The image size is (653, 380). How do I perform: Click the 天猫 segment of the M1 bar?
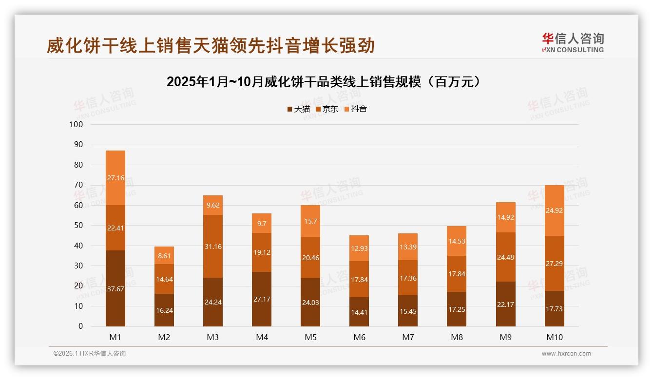(x=115, y=288)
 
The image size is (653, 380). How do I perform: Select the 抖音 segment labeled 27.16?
(x=115, y=178)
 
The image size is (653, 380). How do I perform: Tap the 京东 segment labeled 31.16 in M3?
(x=213, y=247)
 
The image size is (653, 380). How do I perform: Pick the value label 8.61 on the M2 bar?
(x=164, y=255)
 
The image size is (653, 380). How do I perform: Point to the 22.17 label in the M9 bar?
(x=506, y=304)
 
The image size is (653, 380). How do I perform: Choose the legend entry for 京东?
(x=327, y=109)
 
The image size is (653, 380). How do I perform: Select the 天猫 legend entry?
(x=299, y=109)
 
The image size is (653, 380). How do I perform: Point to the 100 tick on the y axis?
(x=77, y=125)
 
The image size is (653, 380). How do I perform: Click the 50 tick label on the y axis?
(x=78, y=226)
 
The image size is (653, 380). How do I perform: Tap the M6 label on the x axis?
(x=359, y=337)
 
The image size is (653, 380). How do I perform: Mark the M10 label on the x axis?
(x=555, y=337)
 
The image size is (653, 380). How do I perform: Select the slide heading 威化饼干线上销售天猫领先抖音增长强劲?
(x=211, y=46)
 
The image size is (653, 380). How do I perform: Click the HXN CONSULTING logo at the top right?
(x=573, y=43)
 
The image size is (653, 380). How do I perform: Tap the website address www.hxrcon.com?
(x=566, y=354)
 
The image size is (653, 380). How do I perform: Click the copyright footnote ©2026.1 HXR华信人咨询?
(x=90, y=354)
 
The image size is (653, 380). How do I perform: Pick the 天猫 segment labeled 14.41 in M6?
(x=359, y=312)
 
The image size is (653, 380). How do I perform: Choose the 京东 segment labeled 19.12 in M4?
(x=262, y=252)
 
